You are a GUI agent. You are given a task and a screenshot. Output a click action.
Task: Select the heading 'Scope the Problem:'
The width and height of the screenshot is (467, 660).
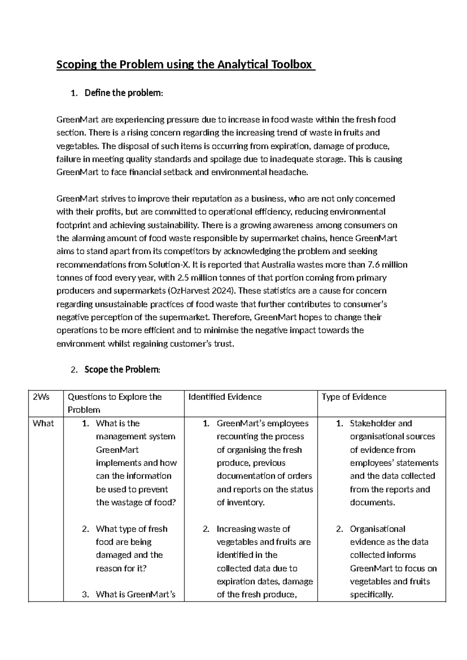pyautogui.click(x=122, y=369)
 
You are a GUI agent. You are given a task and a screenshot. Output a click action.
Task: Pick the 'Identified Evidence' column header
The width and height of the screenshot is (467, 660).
pyautogui.click(x=225, y=397)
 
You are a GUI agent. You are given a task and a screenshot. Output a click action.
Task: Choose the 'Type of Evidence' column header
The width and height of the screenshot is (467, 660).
pyautogui.click(x=354, y=397)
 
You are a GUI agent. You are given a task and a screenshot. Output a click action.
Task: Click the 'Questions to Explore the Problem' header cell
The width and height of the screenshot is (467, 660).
pyautogui.click(x=114, y=403)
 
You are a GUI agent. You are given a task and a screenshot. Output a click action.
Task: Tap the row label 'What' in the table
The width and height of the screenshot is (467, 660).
pyautogui.click(x=43, y=423)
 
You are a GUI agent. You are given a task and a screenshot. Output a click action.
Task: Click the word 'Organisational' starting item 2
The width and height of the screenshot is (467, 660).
pyautogui.click(x=377, y=529)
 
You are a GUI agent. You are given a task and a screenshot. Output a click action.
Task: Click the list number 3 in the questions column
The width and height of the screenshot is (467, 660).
pyautogui.click(x=85, y=594)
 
